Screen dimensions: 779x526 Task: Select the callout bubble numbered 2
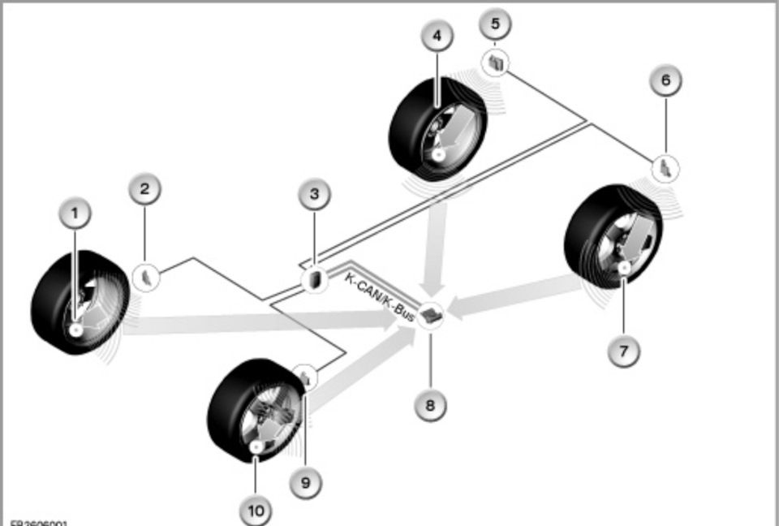[x=144, y=191]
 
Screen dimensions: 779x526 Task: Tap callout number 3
[x=314, y=195]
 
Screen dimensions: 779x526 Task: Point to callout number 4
[x=437, y=37]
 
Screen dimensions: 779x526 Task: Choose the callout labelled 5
[x=496, y=24]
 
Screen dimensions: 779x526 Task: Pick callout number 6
[x=665, y=80]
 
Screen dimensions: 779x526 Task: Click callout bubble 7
[x=624, y=351]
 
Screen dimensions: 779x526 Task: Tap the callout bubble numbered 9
[x=305, y=481]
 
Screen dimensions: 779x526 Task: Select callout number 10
[x=256, y=511]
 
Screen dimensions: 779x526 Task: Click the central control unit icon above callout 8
[x=433, y=314]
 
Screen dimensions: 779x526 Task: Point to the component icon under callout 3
[x=313, y=279]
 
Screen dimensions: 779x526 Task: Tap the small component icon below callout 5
[x=497, y=63]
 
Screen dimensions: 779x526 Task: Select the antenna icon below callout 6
[x=665, y=168]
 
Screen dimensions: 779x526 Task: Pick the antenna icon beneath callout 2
[x=146, y=276]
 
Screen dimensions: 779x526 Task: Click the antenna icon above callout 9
[x=305, y=376]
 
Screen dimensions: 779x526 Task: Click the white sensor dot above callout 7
[x=624, y=267]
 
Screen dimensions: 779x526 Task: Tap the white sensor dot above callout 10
[x=256, y=446]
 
